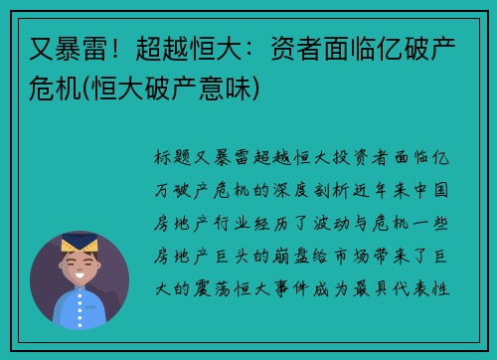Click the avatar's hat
79,243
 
